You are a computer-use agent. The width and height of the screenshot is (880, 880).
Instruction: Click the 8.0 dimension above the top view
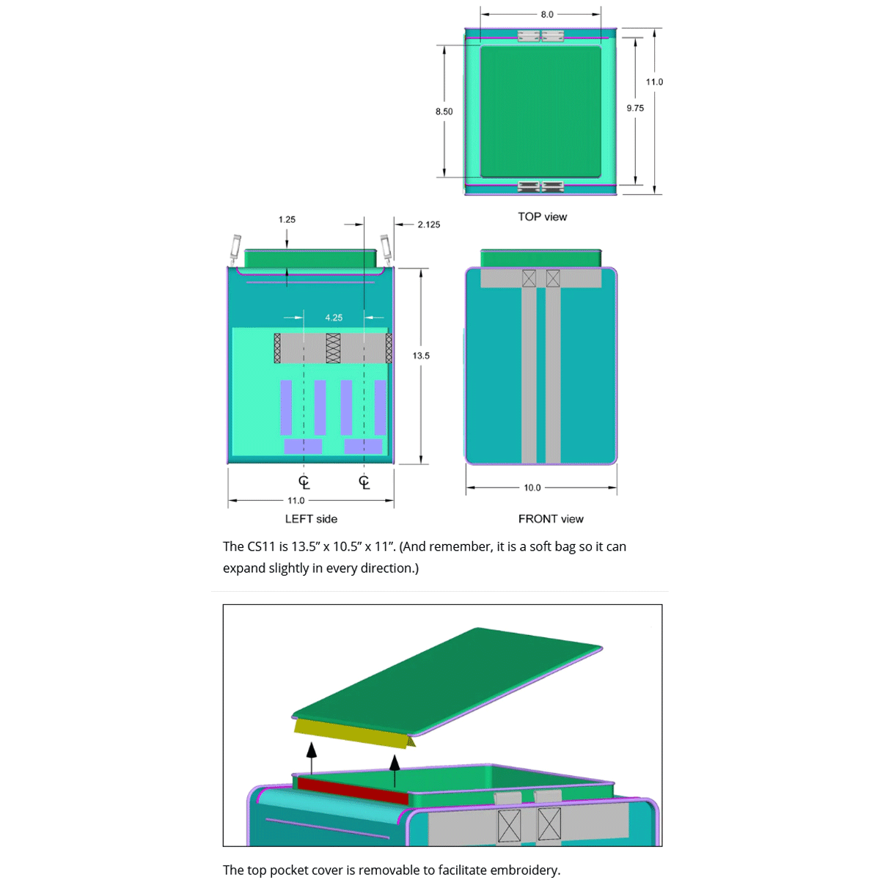point(547,15)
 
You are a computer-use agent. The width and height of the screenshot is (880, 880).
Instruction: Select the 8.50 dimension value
point(444,111)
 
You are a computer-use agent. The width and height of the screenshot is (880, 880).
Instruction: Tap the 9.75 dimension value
point(635,108)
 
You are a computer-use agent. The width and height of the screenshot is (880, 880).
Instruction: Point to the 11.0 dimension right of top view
point(654,82)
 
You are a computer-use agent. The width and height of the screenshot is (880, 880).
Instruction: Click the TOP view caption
point(542,216)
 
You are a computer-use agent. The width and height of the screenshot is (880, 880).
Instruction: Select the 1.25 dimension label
point(287,219)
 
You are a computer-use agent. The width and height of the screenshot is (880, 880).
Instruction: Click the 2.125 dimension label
point(429,224)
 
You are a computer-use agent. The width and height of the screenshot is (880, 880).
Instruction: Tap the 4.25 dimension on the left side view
point(334,318)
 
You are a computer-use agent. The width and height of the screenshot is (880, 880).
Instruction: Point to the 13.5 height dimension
point(421,356)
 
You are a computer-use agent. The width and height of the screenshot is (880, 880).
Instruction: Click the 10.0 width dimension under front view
point(532,488)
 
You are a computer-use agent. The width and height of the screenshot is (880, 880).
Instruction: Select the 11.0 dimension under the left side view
point(296,501)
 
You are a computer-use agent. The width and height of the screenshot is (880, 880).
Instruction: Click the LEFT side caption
point(311,518)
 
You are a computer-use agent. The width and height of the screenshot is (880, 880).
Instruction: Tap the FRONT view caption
point(551,518)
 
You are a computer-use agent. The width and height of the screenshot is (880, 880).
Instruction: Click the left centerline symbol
point(304,482)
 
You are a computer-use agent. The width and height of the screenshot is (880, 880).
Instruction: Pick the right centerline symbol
point(364,482)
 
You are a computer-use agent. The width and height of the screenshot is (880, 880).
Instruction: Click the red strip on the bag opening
point(352,791)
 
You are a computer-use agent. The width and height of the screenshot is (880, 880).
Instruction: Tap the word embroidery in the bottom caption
point(524,870)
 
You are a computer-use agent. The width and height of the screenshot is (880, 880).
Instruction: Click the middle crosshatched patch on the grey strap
point(333,348)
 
